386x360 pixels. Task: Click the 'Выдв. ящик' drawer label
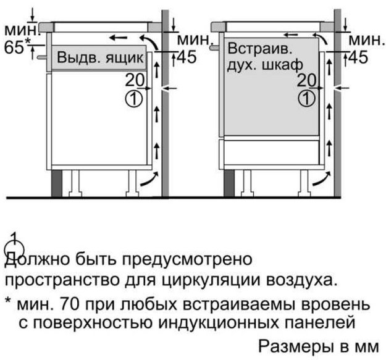pos(100,58)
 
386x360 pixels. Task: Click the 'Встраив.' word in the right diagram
pos(259,48)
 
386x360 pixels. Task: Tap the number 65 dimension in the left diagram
pos(14,47)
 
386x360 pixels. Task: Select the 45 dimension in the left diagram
pos(187,57)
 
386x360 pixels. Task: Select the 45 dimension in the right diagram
pos(358,57)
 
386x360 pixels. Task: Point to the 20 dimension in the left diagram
pos(135,80)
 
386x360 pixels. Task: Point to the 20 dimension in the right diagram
pos(306,80)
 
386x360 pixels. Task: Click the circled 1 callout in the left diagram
pos(134,99)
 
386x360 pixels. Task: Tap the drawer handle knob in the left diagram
pos(41,57)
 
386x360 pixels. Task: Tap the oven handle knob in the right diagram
pos(214,48)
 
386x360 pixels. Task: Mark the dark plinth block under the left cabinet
pos(56,183)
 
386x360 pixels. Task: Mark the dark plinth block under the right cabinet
pos(229,183)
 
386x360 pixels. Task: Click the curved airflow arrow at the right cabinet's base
pos(322,179)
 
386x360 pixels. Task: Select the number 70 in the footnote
pos(70,304)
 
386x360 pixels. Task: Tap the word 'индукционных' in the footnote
pos(219,323)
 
